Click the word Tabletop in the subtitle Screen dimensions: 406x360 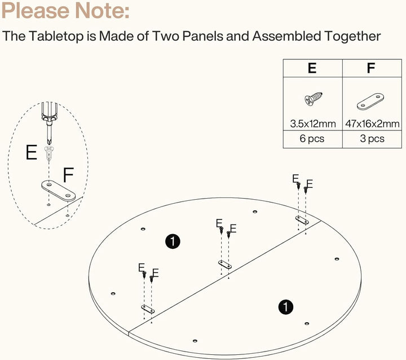click(x=56, y=36)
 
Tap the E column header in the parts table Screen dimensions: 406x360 click(x=312, y=68)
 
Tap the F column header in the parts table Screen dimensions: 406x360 click(x=371, y=68)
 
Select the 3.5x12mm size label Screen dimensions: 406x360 click(x=313, y=124)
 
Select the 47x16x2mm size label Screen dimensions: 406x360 click(x=372, y=124)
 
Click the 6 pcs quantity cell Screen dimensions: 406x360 click(x=312, y=139)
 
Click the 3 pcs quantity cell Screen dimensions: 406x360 click(x=372, y=139)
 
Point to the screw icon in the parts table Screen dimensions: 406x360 click(x=314, y=99)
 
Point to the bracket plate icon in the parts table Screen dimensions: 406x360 click(x=370, y=102)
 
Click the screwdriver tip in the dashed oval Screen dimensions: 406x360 click(x=48, y=142)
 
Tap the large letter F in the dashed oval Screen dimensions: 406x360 click(x=68, y=175)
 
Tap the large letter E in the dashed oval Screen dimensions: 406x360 click(x=32, y=152)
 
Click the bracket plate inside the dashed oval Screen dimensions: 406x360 click(x=59, y=191)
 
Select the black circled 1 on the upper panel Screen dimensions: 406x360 click(x=173, y=242)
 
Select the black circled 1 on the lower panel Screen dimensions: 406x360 click(x=285, y=307)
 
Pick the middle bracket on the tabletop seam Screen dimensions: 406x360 click(x=225, y=265)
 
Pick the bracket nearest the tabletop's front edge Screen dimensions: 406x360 click(x=148, y=309)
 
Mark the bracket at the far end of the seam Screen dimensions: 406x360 click(x=302, y=220)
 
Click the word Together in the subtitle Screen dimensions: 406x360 click(x=352, y=36)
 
